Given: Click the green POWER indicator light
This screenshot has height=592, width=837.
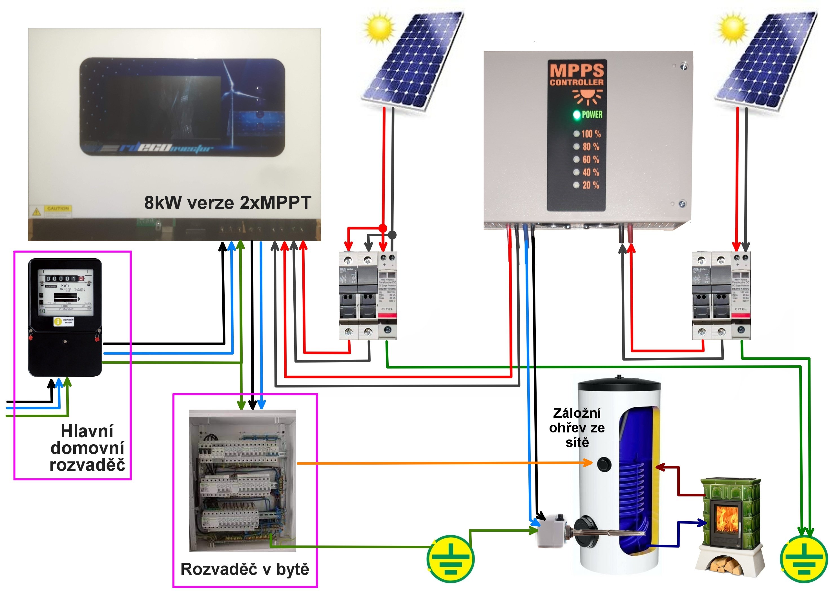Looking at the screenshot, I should pyautogui.click(x=577, y=115).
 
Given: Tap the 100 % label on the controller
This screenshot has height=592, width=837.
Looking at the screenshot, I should pyautogui.click(x=591, y=134).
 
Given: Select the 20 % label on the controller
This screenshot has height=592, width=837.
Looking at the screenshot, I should pyautogui.click(x=591, y=185).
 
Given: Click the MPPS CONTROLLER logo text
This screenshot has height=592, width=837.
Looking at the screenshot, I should pyautogui.click(x=577, y=75).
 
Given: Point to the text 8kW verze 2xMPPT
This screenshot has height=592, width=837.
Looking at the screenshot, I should pyautogui.click(x=227, y=202).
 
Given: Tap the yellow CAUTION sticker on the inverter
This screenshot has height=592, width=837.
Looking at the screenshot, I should pyautogui.click(x=57, y=209).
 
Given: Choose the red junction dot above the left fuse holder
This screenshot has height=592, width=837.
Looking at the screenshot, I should pyautogui.click(x=382, y=228).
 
